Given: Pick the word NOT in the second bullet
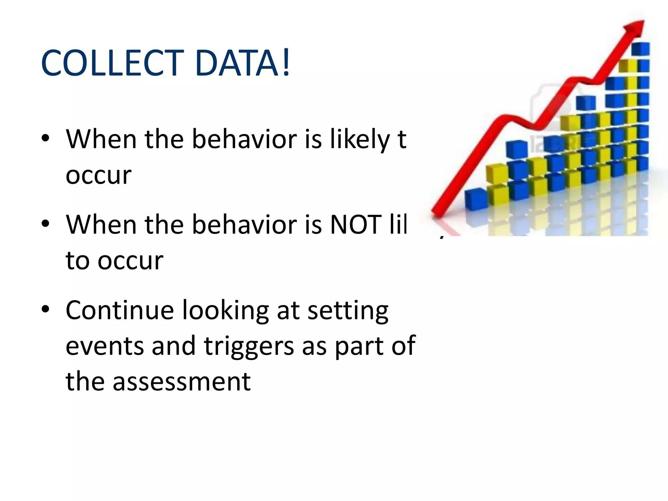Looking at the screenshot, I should point(356,225).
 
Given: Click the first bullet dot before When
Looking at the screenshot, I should point(45,138).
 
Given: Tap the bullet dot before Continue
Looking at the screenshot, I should point(45,309).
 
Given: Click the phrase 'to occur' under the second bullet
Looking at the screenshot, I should point(114,261).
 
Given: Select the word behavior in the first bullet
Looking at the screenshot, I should point(245,140).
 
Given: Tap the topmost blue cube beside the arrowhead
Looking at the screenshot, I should point(640,49).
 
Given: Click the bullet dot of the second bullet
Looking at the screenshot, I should point(45,224).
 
